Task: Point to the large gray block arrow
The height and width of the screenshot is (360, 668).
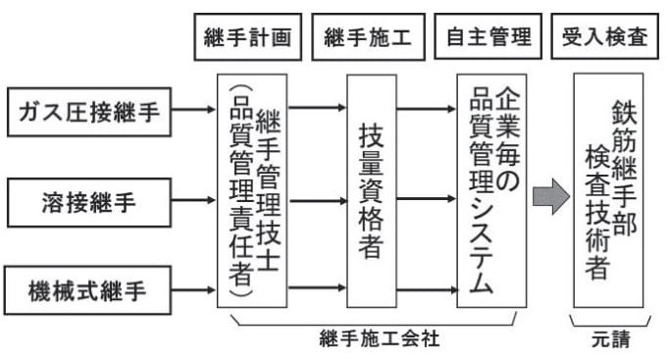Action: [x=547, y=195]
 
